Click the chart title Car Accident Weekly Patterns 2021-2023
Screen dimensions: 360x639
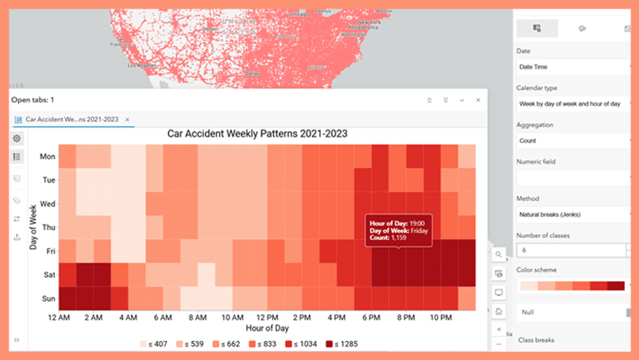click(x=257, y=133)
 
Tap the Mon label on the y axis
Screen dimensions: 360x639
click(x=47, y=156)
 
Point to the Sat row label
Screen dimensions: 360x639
click(x=49, y=275)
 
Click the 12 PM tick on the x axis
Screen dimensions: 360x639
click(x=268, y=317)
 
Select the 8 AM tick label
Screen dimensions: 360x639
click(x=198, y=317)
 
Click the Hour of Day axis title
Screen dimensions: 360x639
click(x=268, y=328)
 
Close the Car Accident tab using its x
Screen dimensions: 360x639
click(x=128, y=119)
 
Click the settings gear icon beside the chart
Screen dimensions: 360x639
click(x=17, y=138)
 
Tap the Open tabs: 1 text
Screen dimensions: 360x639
click(x=32, y=100)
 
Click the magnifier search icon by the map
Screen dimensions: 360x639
click(x=499, y=254)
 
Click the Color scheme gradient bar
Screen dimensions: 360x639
click(x=572, y=286)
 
